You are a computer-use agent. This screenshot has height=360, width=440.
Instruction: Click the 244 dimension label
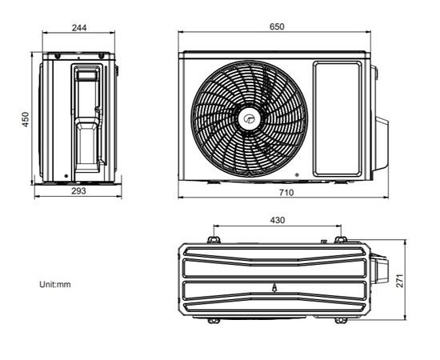click(x=78, y=27)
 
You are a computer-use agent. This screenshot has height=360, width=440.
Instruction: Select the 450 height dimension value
click(x=26, y=118)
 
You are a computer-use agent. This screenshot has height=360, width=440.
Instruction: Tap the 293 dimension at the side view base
click(x=78, y=191)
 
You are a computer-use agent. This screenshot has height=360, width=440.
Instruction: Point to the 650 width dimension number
click(x=276, y=26)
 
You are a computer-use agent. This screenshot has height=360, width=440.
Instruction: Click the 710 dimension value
click(x=286, y=193)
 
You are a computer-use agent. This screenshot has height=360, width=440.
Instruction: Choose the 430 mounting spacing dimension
click(x=278, y=220)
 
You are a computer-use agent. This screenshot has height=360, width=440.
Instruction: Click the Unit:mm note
click(x=55, y=284)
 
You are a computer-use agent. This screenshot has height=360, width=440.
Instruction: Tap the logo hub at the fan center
click(x=246, y=119)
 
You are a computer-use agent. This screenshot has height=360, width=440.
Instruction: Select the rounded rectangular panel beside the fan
click(x=337, y=118)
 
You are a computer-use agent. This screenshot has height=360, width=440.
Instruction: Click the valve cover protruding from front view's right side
click(x=381, y=143)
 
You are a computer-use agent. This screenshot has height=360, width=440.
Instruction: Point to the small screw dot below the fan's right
click(x=297, y=174)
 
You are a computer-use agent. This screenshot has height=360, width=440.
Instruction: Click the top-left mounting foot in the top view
click(x=213, y=239)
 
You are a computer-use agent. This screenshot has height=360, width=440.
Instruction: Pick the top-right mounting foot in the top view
click(x=340, y=239)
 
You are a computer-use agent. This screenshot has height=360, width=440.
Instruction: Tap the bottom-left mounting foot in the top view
click(x=213, y=320)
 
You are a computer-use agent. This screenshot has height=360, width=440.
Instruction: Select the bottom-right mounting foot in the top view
click(x=341, y=320)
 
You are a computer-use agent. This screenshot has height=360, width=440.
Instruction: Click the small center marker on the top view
click(x=274, y=286)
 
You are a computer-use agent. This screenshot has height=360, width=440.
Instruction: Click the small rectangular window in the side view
click(x=86, y=74)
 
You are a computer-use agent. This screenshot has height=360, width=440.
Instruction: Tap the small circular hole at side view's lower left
click(x=64, y=175)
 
